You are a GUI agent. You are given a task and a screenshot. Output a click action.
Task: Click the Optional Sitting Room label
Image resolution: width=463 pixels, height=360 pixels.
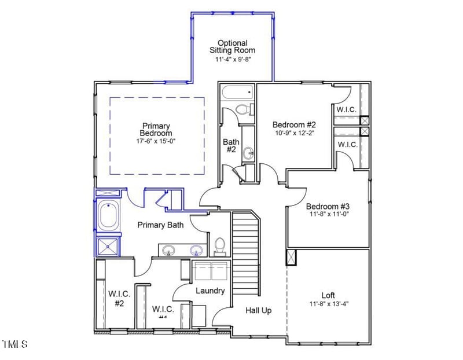(232, 46)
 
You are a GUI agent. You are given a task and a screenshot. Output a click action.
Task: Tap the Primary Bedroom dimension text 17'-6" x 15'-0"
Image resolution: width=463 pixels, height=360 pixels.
(155, 141)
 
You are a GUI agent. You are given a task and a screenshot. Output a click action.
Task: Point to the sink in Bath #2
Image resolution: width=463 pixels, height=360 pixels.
(248, 153)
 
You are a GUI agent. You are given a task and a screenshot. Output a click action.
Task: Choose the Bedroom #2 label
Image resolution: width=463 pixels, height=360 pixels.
(294, 124)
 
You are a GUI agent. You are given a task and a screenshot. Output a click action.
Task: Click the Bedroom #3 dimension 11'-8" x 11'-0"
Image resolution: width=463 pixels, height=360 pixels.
(328, 214)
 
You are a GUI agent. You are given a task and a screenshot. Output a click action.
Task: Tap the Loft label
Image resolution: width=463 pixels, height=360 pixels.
(328, 295)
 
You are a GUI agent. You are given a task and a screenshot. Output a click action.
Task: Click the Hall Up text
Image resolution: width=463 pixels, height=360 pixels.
(258, 310)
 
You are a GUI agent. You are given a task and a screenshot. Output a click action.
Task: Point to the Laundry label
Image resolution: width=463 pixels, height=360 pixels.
(210, 291)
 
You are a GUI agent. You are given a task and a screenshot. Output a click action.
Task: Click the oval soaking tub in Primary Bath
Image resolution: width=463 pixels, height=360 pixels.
(108, 216)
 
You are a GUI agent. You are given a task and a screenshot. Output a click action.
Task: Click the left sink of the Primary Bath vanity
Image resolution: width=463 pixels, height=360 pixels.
(169, 251)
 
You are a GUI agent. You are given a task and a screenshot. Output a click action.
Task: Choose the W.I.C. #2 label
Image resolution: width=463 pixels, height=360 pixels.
(119, 298)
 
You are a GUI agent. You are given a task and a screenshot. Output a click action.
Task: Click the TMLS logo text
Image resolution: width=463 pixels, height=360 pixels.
(14, 344)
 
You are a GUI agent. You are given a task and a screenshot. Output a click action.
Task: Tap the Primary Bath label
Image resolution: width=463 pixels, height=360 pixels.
(160, 225)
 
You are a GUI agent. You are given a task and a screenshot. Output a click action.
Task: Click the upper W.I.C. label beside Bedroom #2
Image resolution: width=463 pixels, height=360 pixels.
(347, 109)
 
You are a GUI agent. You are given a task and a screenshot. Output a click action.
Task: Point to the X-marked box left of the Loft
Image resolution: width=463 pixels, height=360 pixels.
(291, 257)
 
